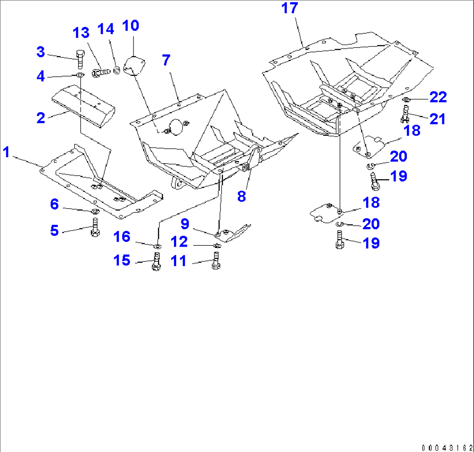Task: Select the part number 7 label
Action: point(166,60)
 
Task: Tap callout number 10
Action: point(130,26)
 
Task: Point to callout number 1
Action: point(7,152)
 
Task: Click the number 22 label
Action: point(438,97)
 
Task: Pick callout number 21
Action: point(437,119)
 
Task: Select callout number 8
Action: point(241,196)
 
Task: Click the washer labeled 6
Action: point(94,211)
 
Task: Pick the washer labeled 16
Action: point(157,247)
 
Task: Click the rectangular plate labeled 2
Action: point(83,106)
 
